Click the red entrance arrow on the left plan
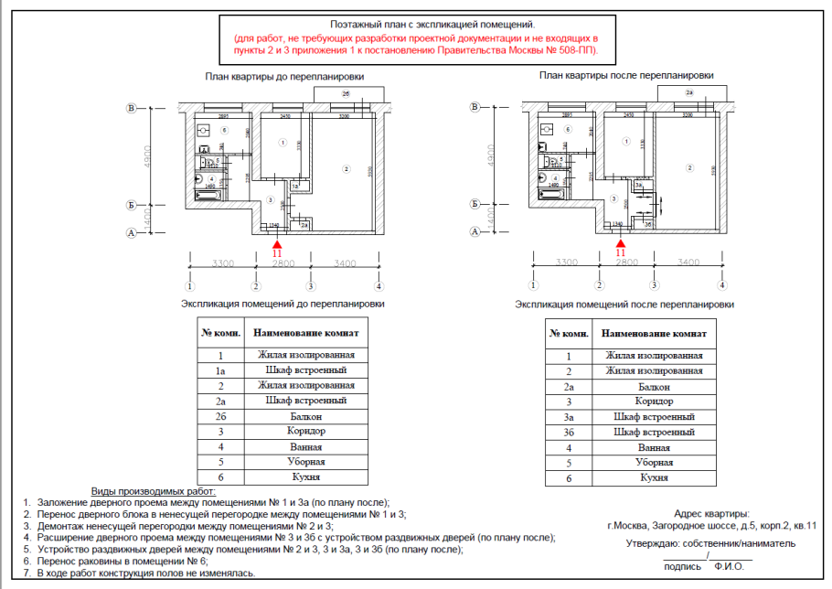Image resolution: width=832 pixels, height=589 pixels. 277,241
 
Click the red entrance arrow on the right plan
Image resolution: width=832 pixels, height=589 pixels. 620,241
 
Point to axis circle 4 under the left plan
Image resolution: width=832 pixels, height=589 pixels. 379,286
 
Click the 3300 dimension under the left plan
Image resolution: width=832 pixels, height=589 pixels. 223,263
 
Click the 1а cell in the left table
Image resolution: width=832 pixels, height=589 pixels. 220,369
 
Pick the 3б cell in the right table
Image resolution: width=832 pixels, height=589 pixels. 569,432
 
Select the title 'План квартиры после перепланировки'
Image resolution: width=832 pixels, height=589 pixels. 628,76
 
